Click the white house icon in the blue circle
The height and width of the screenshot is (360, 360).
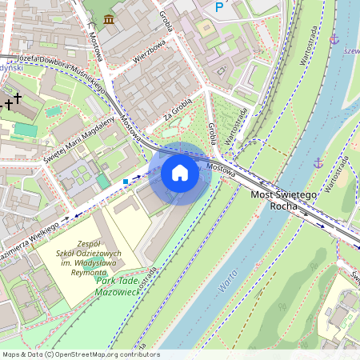tap(180, 173)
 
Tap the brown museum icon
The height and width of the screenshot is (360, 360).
tap(108, 18)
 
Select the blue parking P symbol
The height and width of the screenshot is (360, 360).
tap(219, 7)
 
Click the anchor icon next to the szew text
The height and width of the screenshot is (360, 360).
tap(334, 38)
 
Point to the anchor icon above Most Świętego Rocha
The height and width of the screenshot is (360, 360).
tap(318, 163)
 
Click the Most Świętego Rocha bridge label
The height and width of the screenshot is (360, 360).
tap(284, 200)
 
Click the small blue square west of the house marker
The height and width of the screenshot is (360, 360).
tap(126, 182)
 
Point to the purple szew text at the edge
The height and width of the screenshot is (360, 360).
tap(350, 50)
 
